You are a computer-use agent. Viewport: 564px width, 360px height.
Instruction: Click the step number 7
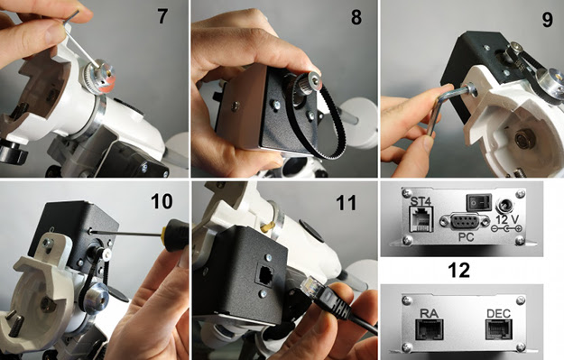point(162,16)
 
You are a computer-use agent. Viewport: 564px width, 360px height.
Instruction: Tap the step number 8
point(356,16)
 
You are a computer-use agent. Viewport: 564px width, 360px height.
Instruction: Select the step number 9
point(547,20)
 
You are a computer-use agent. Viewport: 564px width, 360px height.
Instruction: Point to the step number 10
point(162,201)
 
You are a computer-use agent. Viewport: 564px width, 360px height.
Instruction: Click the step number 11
point(346,202)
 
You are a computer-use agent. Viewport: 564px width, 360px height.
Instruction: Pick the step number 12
point(459,270)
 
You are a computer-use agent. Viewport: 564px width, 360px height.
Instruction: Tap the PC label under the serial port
point(465,237)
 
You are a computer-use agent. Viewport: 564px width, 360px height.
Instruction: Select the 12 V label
point(507,218)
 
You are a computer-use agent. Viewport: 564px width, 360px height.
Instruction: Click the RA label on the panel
point(429,314)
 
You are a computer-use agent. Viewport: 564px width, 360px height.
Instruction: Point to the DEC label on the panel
point(498,314)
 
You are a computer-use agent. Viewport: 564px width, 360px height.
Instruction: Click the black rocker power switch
point(479,202)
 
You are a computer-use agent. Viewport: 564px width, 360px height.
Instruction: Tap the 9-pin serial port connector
point(465,221)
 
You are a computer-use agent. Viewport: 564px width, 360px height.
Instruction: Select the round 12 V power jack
point(505,206)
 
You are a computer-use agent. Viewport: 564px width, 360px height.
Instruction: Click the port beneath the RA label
point(429,330)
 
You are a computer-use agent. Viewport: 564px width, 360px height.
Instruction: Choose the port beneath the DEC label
point(498,330)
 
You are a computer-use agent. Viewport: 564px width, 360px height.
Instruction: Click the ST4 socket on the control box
point(421,219)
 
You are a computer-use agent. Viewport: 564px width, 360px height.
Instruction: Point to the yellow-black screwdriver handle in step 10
point(175,235)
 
